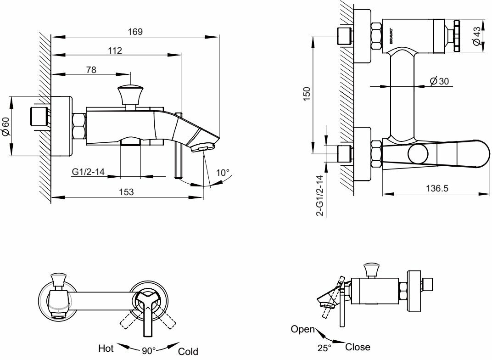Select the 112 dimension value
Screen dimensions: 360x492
click(115, 51)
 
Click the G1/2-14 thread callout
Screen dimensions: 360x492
click(89, 172)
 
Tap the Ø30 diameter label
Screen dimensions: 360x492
click(439, 81)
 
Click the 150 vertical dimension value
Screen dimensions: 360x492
click(307, 93)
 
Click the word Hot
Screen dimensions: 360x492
click(106, 349)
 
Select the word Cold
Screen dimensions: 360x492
click(188, 351)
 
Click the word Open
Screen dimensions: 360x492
click(303, 329)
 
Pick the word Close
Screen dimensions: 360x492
click(358, 347)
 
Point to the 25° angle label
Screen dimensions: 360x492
click(324, 349)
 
